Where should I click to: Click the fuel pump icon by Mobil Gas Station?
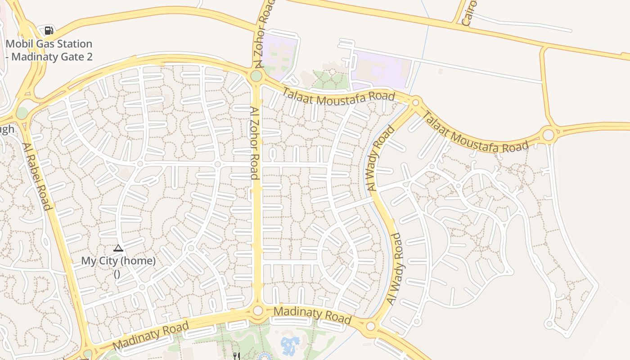pyautogui.click(x=49, y=31)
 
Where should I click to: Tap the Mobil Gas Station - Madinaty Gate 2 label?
pyautogui.click(x=49, y=50)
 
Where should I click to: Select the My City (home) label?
pyautogui.click(x=118, y=261)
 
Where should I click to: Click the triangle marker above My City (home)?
pyautogui.click(x=118, y=248)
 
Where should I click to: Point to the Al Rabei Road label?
pyautogui.click(x=37, y=176)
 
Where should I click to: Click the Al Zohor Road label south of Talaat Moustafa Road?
pyautogui.click(x=255, y=143)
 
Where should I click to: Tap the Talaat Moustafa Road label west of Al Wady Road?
pyautogui.click(x=338, y=96)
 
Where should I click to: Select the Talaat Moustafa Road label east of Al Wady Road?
pyautogui.click(x=474, y=133)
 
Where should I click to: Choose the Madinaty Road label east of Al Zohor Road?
pyautogui.click(x=312, y=315)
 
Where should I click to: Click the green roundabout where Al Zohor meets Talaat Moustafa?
pyautogui.click(x=256, y=76)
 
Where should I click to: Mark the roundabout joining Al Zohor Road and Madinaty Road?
pyautogui.click(x=258, y=310)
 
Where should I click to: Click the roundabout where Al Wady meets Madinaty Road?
pyautogui.click(x=370, y=326)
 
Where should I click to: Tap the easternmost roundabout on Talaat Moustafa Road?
pyautogui.click(x=548, y=135)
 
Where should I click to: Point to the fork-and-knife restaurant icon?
pyautogui.click(x=236, y=356)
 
